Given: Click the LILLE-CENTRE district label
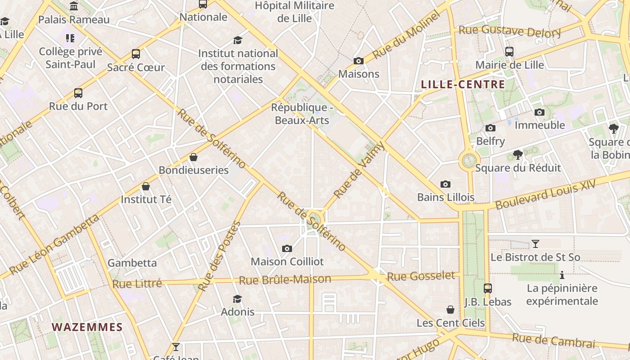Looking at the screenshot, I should point(463,85).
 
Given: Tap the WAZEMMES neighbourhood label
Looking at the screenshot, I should point(87,327).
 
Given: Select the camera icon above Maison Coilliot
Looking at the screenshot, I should point(287,248).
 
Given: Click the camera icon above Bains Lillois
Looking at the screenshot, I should point(445,184).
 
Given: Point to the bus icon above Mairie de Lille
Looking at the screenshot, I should point(509,52).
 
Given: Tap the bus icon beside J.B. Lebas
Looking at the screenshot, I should point(488,288).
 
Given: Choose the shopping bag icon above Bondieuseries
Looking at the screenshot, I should point(193,157).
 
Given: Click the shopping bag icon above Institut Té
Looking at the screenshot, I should point(146,186).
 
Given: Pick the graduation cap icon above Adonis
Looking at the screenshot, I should point(237,299).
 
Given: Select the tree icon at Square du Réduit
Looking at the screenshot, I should point(518,155).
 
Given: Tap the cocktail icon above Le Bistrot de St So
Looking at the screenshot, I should point(535,244).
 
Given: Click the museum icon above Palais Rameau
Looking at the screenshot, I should point(74,6).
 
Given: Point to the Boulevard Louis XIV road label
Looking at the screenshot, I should point(546,194).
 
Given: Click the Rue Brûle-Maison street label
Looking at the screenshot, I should point(285,280).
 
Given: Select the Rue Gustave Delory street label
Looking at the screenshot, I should point(509,31).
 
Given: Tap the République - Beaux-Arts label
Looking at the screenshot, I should point(302,114).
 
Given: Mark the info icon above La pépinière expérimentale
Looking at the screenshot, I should point(562,275).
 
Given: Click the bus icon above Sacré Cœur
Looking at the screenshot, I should point(136,54).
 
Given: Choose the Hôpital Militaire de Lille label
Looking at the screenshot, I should point(295,12).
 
